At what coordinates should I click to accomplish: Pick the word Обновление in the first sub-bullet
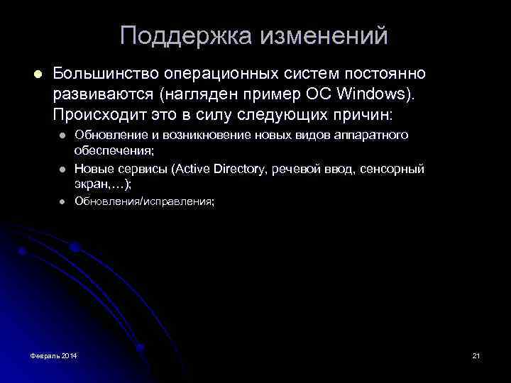click(x=109, y=135)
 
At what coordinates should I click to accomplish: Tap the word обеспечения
click(x=114, y=150)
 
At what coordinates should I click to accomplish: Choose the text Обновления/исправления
click(x=144, y=201)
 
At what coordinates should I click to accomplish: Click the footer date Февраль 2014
click(x=55, y=355)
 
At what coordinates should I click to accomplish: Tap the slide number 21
click(x=476, y=355)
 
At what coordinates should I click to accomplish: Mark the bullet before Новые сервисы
click(x=62, y=169)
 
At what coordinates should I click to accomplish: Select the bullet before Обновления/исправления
click(x=62, y=201)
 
